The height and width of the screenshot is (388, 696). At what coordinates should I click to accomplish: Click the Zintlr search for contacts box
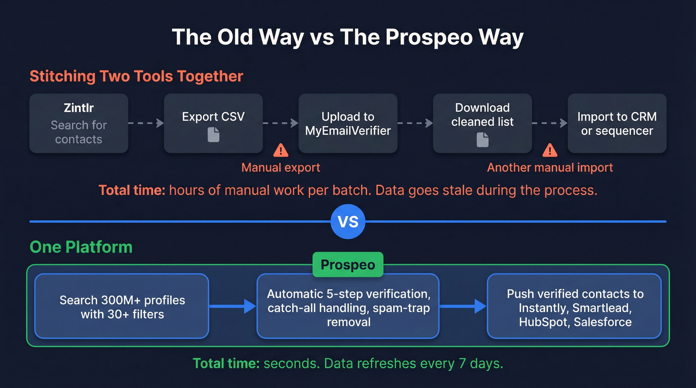point(79,124)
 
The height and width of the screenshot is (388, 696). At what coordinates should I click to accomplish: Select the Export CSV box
point(213,124)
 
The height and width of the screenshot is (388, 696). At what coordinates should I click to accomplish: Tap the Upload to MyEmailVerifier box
point(348,124)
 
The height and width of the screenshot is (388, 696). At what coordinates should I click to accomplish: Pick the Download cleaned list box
point(482,124)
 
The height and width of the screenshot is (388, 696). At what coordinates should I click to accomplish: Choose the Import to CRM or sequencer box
point(616,124)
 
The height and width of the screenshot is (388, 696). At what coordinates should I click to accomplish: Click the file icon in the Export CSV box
point(213,135)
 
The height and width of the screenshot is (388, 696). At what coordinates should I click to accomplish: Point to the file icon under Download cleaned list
point(482,140)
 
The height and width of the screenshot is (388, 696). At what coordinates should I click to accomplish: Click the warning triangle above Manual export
point(281,150)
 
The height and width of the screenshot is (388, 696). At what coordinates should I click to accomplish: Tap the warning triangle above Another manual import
point(550,150)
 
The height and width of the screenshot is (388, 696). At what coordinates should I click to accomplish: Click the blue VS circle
point(348,222)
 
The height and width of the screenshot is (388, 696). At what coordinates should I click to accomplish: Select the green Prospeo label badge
point(348,265)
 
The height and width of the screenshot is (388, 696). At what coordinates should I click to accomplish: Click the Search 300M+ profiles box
point(122,307)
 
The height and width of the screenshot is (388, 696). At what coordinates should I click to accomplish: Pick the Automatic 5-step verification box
point(348,307)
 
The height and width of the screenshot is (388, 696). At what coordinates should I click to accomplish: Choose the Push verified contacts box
point(574,307)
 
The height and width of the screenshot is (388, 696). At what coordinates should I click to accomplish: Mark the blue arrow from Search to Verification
point(233,307)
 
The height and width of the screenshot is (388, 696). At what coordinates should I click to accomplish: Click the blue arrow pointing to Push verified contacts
point(463,307)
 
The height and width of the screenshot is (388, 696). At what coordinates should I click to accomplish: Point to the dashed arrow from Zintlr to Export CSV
point(146,123)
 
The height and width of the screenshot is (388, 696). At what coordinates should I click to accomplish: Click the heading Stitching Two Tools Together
point(136,77)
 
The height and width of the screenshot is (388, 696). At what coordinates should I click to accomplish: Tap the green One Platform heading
point(81,247)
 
